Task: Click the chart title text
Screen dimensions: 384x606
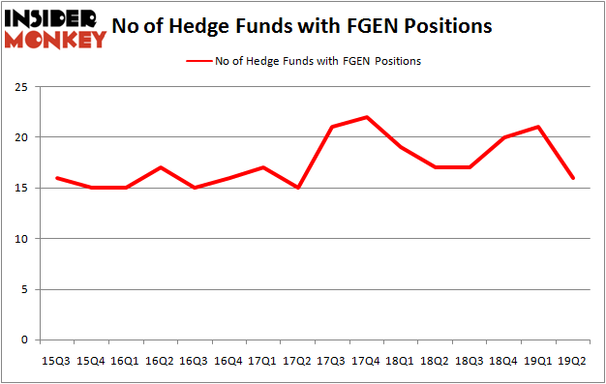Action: click(301, 26)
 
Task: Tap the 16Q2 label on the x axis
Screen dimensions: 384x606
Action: click(160, 360)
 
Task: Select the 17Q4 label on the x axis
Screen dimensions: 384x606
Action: click(366, 360)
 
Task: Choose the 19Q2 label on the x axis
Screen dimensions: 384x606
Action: click(572, 360)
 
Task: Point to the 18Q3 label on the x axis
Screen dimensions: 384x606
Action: click(469, 360)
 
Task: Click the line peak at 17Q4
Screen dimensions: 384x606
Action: click(366, 117)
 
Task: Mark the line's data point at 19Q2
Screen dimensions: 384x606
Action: click(572, 178)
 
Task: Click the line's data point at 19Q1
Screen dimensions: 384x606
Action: click(537, 127)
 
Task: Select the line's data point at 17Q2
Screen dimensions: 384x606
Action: click(297, 188)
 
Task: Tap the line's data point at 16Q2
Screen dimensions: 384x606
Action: click(160, 167)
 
